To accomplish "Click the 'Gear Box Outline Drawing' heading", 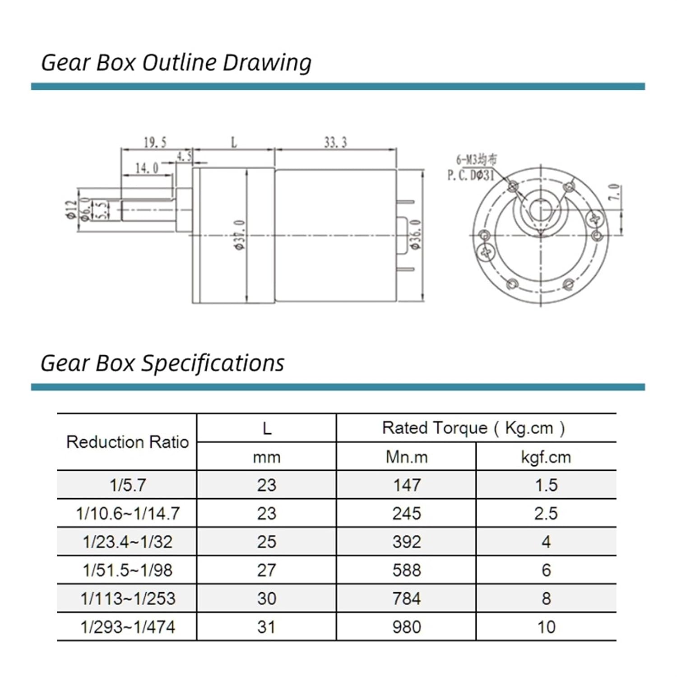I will pyautogui.click(x=176, y=63).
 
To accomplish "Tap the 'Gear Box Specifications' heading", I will pyautogui.click(x=162, y=363).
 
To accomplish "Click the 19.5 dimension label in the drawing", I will pyautogui.click(x=155, y=143).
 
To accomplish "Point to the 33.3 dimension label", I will pyautogui.click(x=335, y=143).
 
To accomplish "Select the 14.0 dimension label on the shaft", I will pyautogui.click(x=147, y=168).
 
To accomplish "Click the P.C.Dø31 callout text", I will pyautogui.click(x=471, y=175).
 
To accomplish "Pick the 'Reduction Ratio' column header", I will pyautogui.click(x=127, y=442).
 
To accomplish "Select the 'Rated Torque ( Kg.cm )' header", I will pyautogui.click(x=473, y=428).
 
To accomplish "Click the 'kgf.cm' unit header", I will pyautogui.click(x=546, y=457).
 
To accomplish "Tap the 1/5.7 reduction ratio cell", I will pyautogui.click(x=128, y=485).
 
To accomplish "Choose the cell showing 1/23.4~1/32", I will pyautogui.click(x=128, y=542).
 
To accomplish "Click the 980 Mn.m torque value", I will pyautogui.click(x=406, y=627).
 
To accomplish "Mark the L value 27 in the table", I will pyautogui.click(x=266, y=570).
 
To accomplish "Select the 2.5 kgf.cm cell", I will pyautogui.click(x=546, y=514).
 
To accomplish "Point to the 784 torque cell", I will pyautogui.click(x=406, y=598).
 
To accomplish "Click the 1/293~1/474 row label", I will pyautogui.click(x=128, y=627).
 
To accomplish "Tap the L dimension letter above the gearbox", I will pyautogui.click(x=234, y=143).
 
